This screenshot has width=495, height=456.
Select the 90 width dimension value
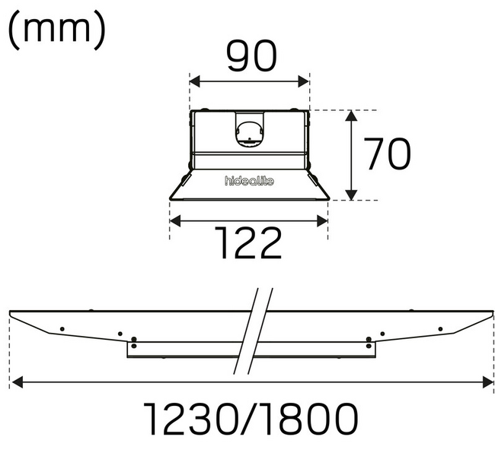pyautogui.click(x=250, y=59)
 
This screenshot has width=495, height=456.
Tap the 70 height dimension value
pyautogui.click(x=386, y=155)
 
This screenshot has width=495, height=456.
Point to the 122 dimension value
pyautogui.click(x=248, y=244)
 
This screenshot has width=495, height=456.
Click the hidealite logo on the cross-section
pyautogui.click(x=249, y=180)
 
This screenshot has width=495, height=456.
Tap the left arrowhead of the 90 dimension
pyautogui.click(x=194, y=81)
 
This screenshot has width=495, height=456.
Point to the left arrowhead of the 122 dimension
pyautogui.click(x=174, y=221)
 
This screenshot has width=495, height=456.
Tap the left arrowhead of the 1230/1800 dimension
pyautogui.click(x=16, y=382)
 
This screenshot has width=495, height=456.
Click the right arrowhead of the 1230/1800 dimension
pyautogui.click(x=487, y=382)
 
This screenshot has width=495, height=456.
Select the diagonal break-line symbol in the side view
pyautogui.click(x=253, y=331)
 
